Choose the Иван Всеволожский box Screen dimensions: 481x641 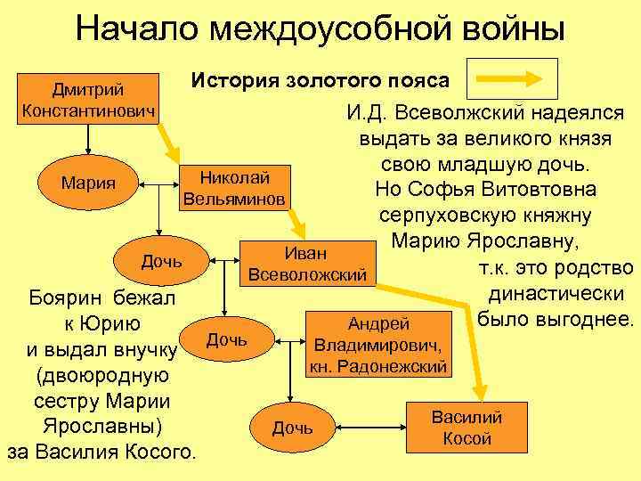coord(306,264)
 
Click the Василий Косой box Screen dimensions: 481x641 coord(467,428)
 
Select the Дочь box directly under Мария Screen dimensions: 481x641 coord(161,261)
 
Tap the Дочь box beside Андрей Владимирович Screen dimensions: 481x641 coord(227,339)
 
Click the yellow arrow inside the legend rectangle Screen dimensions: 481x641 coord(516,78)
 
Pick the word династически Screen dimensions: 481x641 coord(557,293)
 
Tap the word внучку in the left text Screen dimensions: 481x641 coord(148,349)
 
